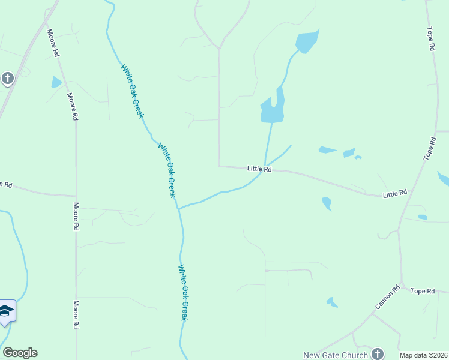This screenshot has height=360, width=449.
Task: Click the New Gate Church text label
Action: pos(335,355)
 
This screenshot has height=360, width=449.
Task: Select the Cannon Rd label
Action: pos(387,298)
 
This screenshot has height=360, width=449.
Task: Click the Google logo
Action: pos(20,353)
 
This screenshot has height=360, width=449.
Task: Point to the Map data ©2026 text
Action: pos(424,355)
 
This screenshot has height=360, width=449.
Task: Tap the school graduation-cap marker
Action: pos(7,311)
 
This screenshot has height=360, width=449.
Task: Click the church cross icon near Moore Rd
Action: pos(7,79)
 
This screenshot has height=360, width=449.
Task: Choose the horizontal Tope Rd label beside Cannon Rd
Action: pos(422,291)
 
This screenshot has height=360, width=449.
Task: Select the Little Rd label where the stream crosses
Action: pos(259,169)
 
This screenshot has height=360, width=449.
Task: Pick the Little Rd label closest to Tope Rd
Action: pos(395,193)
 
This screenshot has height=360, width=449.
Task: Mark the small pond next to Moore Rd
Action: pos(56,82)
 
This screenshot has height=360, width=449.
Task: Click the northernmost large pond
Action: pos(306,41)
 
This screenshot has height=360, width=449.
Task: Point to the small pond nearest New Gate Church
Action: pos(331,302)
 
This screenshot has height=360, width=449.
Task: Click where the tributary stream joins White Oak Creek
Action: pos(178,208)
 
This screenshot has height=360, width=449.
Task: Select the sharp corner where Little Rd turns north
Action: pos(219,166)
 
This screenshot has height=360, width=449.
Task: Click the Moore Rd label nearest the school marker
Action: pos(76,314)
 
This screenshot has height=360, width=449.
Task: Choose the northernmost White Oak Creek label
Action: pos(133,91)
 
